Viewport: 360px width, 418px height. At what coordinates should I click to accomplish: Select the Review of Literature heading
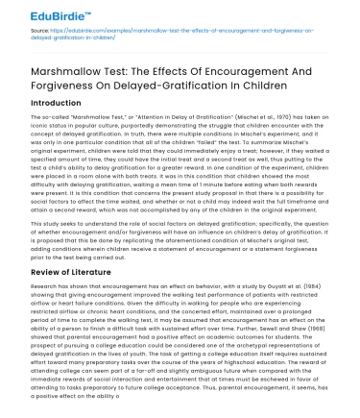[x=58, y=273]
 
